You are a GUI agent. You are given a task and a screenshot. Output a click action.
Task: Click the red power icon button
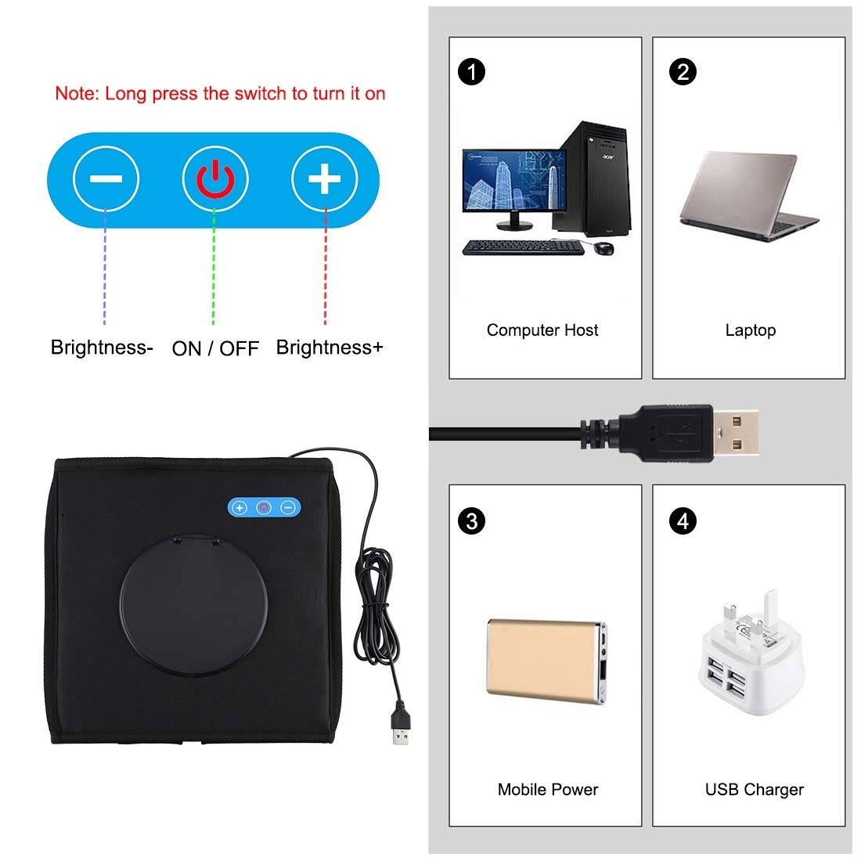215,179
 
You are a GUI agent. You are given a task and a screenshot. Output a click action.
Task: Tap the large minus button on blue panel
106,179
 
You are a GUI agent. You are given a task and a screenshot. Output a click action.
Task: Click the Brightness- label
102,347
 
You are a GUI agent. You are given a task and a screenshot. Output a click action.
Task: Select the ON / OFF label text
215,348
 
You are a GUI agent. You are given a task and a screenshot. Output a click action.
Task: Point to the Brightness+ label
330,347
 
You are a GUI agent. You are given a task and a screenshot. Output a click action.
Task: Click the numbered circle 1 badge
471,72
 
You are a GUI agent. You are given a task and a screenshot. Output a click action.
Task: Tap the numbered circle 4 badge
683,521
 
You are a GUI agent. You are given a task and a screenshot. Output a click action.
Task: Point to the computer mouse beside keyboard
603,247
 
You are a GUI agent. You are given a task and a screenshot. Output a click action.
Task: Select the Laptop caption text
750,330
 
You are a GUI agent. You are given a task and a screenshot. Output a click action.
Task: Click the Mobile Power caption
547,789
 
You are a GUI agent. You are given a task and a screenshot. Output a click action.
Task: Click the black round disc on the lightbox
193,604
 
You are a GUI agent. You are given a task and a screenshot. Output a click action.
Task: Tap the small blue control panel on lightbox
264,507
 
